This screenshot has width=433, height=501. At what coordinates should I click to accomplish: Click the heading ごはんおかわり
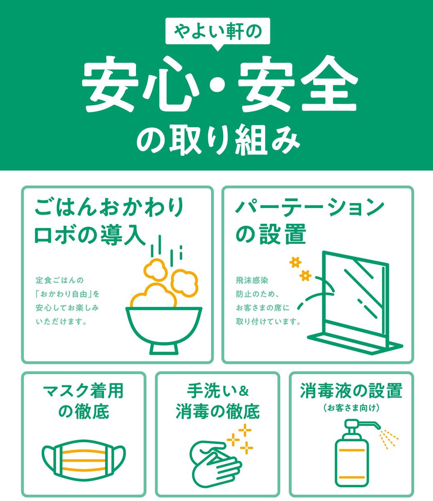coord(109,207)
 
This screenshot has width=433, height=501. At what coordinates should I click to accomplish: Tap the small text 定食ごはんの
coord(60,280)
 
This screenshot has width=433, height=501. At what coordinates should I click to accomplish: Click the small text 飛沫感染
coord(252,281)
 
